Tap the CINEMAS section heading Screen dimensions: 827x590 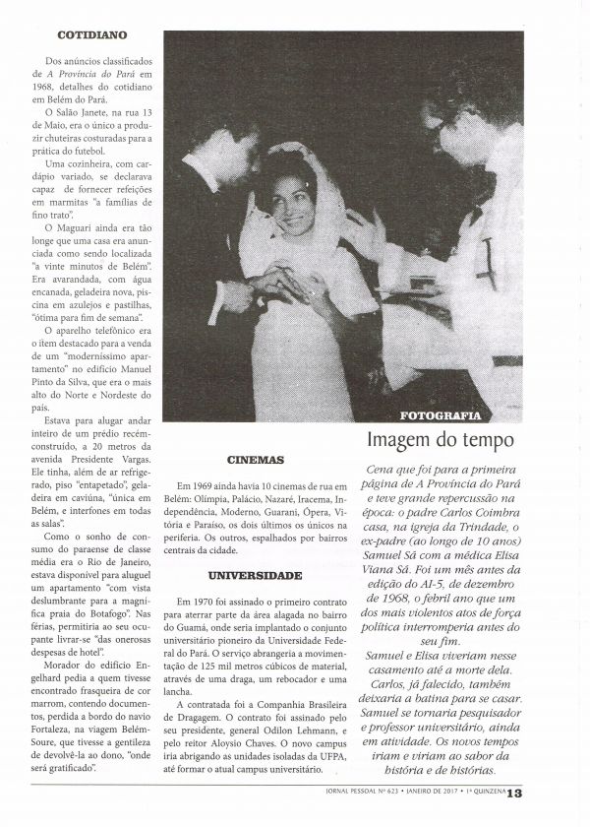(256, 459)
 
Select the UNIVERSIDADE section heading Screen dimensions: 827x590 (257, 575)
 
